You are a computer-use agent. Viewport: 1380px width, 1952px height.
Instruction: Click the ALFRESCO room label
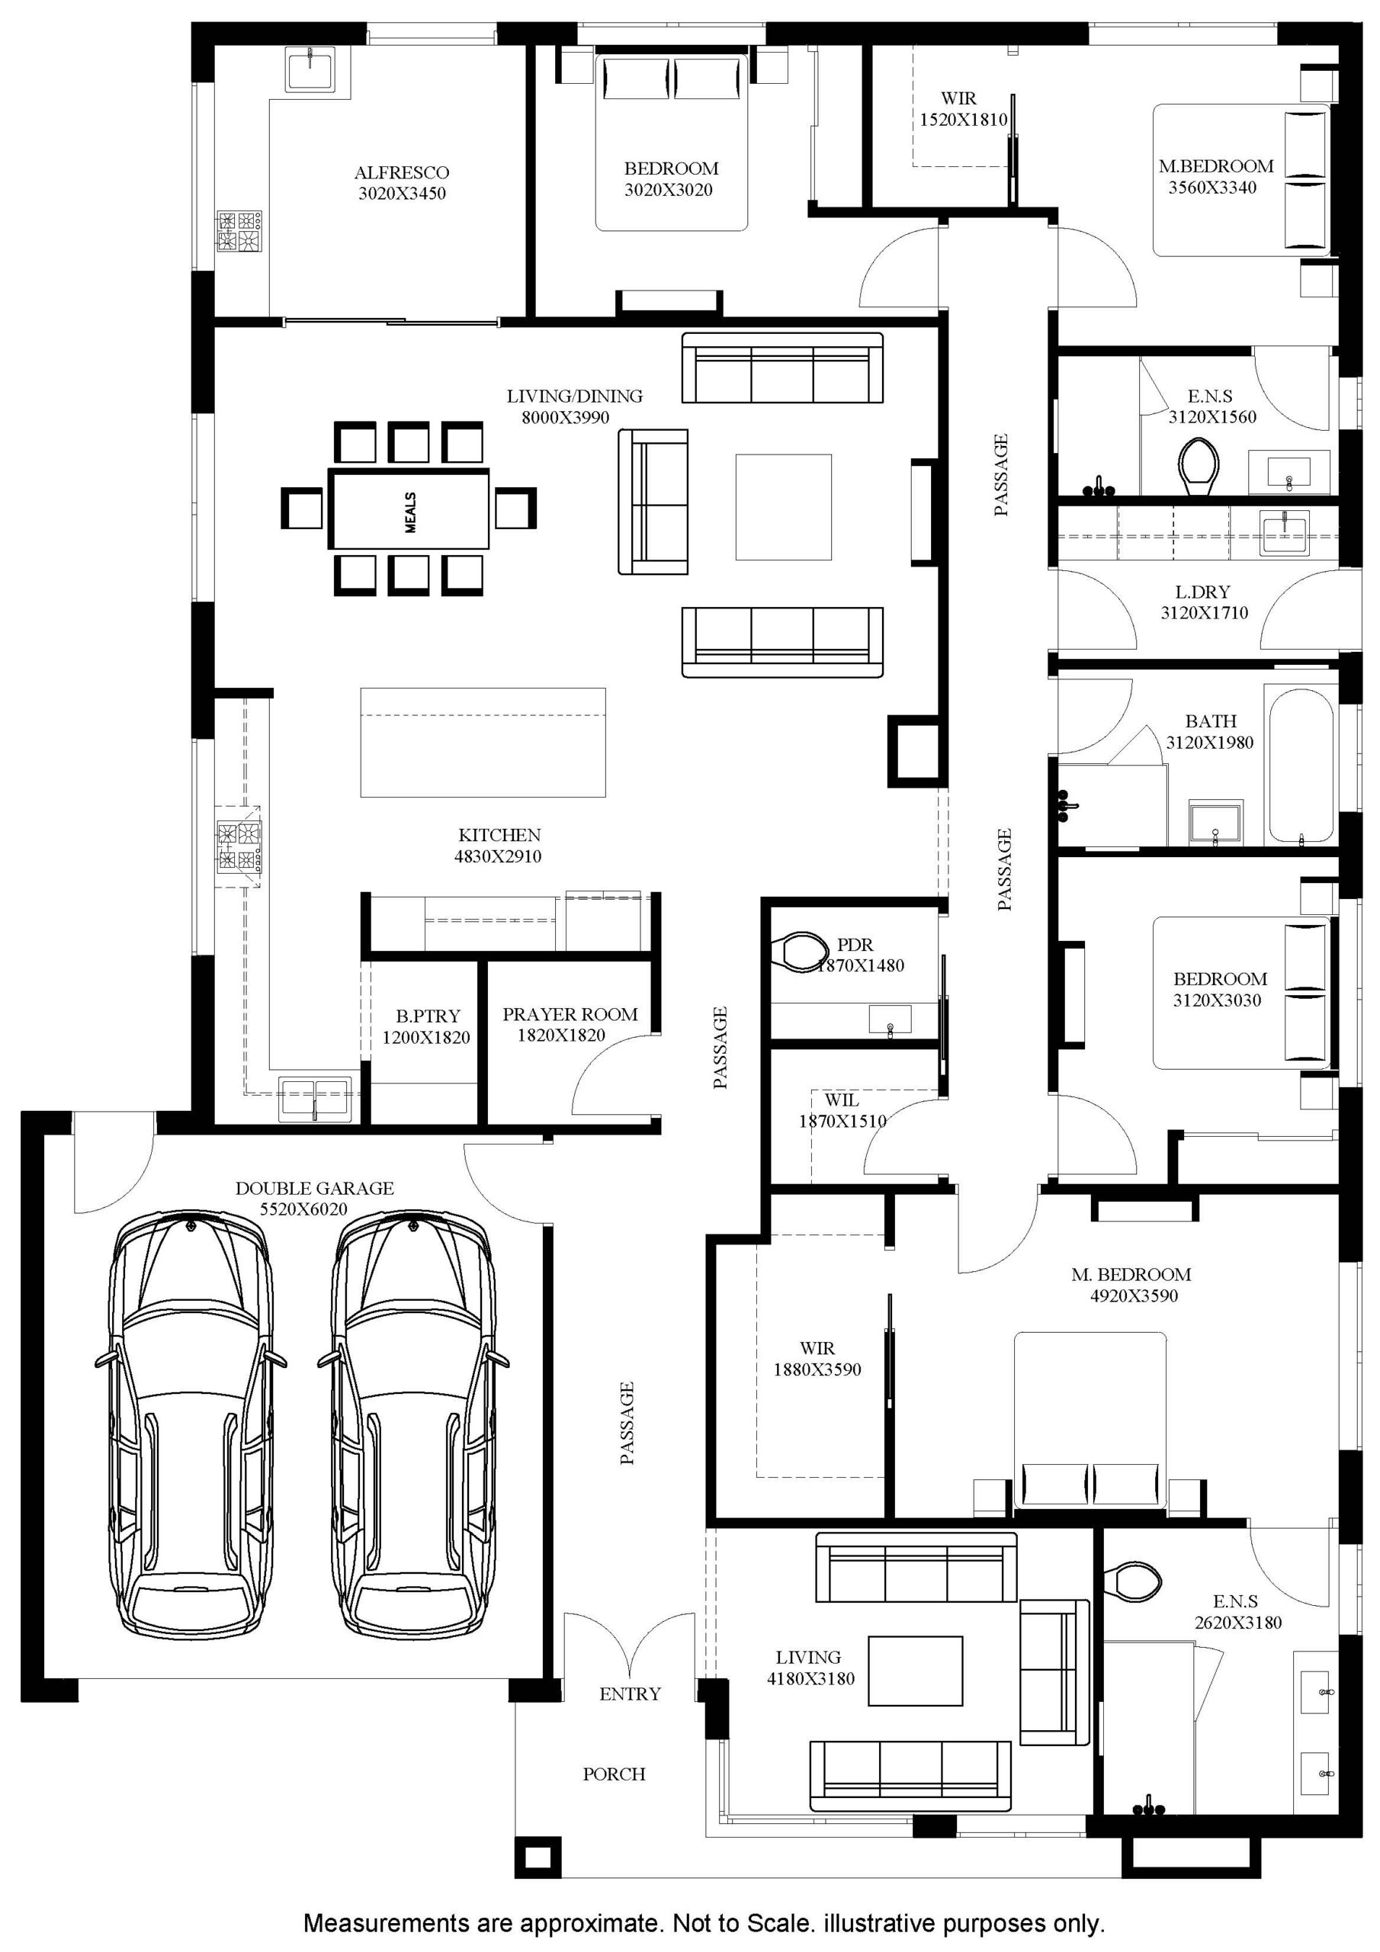[x=401, y=172]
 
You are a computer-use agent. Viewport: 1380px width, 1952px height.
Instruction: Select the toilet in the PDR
[x=799, y=952]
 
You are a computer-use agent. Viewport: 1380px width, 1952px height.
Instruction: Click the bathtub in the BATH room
[x=1300, y=764]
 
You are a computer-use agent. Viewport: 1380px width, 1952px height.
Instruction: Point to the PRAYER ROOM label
[x=570, y=1014]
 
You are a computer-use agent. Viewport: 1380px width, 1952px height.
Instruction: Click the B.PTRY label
[x=428, y=1016]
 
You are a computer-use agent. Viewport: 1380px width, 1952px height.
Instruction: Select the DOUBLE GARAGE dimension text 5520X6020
[x=303, y=1209]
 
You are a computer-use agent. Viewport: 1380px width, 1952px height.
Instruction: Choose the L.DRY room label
[x=1203, y=592]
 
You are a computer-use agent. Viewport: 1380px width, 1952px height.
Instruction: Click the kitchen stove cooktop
[x=239, y=846]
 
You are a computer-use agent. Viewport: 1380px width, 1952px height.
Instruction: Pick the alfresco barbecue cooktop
[x=239, y=231]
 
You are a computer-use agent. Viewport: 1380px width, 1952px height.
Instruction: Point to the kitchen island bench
[x=483, y=742]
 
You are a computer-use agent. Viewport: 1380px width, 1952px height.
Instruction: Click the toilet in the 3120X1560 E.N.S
[x=1200, y=467]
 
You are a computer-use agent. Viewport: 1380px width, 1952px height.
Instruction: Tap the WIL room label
[x=841, y=1100]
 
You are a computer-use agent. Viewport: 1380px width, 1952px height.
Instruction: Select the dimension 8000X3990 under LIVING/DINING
[x=566, y=417]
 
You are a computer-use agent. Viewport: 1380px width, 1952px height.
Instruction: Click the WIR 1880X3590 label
[x=817, y=1359]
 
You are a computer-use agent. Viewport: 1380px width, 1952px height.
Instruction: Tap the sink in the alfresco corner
[x=311, y=67]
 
